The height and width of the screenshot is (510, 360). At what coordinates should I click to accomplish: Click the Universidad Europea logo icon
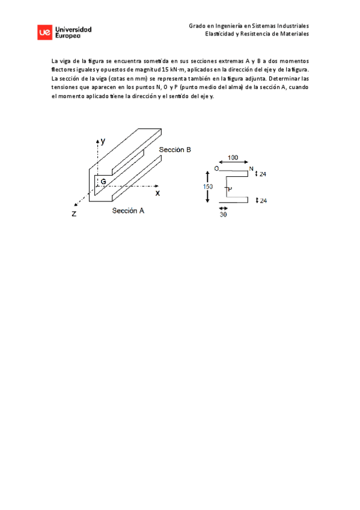(x=44, y=32)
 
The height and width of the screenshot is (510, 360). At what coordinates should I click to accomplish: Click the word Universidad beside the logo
(x=73, y=29)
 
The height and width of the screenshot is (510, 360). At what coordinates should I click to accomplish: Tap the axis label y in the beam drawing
(x=103, y=141)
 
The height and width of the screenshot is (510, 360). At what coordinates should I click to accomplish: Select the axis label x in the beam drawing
(x=158, y=193)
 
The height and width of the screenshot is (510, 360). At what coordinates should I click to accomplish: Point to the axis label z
(x=73, y=214)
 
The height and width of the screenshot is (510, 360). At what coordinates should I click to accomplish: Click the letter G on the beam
(x=103, y=181)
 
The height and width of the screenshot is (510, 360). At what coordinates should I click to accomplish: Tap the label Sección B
(x=175, y=150)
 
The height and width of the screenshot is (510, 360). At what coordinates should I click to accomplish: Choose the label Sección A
(x=128, y=211)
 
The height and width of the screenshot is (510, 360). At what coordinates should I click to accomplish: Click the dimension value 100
(x=233, y=158)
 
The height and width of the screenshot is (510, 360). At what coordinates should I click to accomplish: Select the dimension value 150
(x=207, y=186)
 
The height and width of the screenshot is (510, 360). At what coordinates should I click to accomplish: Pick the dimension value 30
(x=224, y=214)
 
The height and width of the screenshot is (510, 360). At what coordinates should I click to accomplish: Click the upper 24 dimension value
(x=263, y=174)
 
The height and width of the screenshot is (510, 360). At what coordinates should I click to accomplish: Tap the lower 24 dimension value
(x=263, y=201)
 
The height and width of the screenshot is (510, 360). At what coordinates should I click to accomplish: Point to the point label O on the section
(x=216, y=169)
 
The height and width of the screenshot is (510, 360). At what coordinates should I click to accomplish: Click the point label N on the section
(x=251, y=168)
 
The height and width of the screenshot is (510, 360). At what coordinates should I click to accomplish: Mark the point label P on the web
(x=228, y=189)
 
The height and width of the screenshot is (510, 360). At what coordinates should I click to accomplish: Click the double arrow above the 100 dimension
(x=233, y=163)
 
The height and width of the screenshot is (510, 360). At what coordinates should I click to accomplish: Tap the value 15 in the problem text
(x=165, y=70)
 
